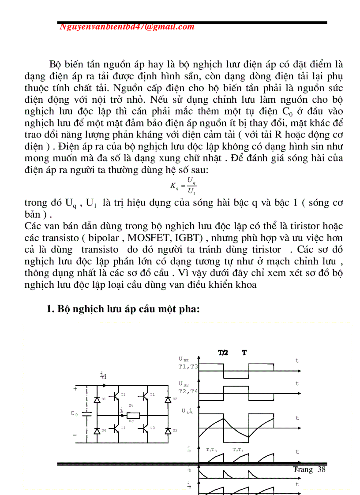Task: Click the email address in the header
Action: [127, 26]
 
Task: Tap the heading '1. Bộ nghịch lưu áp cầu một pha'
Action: [123, 309]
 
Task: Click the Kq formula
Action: [184, 185]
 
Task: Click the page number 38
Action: [321, 469]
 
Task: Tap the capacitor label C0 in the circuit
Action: [74, 413]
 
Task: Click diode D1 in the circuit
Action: [97, 399]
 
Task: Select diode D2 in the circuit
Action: [168, 399]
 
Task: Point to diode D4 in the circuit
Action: [97, 430]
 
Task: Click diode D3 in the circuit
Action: [168, 430]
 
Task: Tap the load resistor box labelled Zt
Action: [133, 415]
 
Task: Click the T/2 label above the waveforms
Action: [223, 353]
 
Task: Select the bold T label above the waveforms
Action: [244, 353]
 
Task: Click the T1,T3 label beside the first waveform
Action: [188, 366]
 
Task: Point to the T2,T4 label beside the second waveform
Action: [188, 391]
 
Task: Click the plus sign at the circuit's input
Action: [75, 389]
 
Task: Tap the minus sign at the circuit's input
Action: [75, 435]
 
